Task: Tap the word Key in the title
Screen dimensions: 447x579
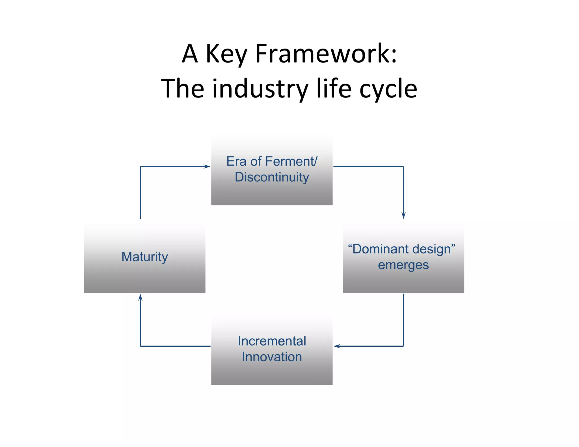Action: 226,54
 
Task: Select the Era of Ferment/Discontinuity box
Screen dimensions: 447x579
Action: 272,170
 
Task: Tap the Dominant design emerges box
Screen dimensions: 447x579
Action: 403,257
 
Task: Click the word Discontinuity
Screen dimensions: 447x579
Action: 272,177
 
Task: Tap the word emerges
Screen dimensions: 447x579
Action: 403,265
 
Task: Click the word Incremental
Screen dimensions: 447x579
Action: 272,341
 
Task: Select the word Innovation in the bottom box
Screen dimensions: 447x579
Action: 272,357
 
